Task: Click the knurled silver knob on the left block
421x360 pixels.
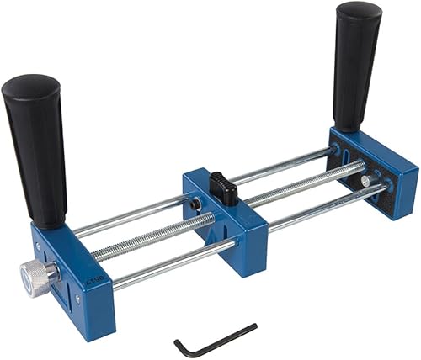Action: [36, 277]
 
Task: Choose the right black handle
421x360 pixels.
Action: [357, 63]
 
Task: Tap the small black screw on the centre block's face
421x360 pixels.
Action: [195, 203]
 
